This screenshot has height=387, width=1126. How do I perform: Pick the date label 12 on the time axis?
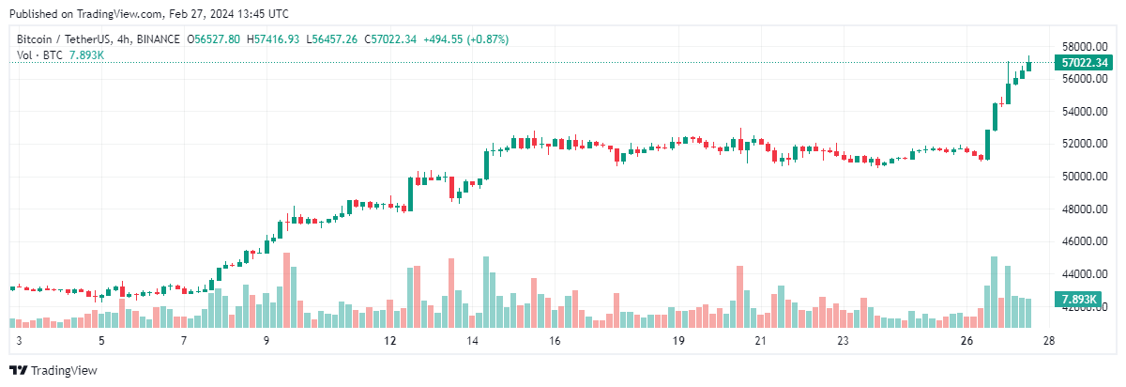(x=390, y=341)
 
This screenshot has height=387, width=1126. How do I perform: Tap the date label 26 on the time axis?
(x=968, y=341)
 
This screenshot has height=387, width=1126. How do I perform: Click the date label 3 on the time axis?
(x=18, y=341)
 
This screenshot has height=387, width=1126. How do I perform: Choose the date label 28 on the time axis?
(x=1049, y=341)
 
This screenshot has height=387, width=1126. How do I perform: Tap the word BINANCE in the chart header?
(x=158, y=39)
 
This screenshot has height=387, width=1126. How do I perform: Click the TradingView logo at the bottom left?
(x=53, y=371)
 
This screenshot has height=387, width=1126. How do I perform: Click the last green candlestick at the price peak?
(x=1028, y=65)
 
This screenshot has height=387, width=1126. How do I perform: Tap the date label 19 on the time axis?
(x=677, y=341)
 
